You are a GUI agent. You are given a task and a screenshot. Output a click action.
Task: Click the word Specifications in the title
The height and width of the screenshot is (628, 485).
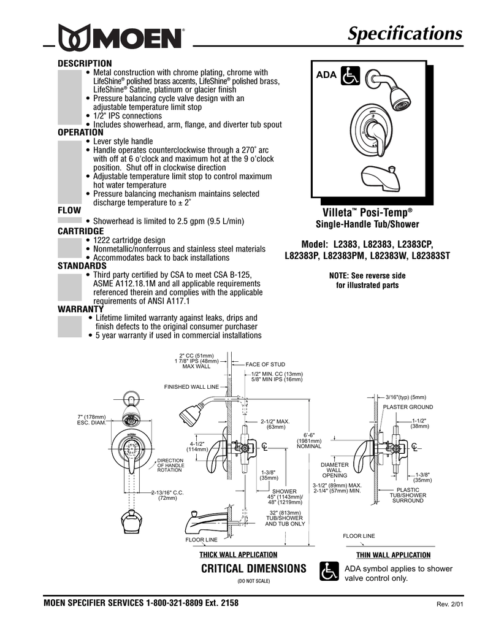tap(405, 34)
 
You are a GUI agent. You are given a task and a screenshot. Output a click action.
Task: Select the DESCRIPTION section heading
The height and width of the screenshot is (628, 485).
tap(85, 63)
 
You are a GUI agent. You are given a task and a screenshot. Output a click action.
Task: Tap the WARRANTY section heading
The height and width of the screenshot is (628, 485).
tap(80, 309)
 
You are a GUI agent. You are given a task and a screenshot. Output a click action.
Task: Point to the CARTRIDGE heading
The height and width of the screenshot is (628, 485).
tap(80, 231)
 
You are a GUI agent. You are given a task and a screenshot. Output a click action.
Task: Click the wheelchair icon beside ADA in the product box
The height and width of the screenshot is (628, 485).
tap(351, 75)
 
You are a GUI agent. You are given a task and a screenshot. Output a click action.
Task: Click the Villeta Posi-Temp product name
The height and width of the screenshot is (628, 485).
tap(367, 212)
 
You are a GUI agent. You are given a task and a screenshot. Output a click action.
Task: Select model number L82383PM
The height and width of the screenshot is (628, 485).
tap(347, 255)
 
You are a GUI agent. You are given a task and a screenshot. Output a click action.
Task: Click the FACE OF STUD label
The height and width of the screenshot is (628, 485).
tap(265, 364)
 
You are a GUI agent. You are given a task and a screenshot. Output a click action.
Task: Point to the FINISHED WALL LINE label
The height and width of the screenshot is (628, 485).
tap(191, 387)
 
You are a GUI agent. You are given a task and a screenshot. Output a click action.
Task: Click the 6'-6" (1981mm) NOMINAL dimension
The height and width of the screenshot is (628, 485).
tap(309, 440)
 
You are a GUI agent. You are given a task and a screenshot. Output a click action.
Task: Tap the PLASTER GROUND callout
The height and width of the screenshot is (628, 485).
tap(408, 407)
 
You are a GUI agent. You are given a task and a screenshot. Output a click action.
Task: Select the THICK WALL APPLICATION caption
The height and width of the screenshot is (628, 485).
tap(239, 554)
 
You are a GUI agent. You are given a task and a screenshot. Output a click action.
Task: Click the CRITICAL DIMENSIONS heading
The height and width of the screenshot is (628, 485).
tap(253, 569)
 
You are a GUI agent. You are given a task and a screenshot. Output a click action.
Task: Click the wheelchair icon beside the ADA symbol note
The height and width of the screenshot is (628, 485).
tap(329, 572)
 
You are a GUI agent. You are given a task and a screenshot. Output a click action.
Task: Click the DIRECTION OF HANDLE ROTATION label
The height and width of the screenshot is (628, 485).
tap(170, 465)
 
